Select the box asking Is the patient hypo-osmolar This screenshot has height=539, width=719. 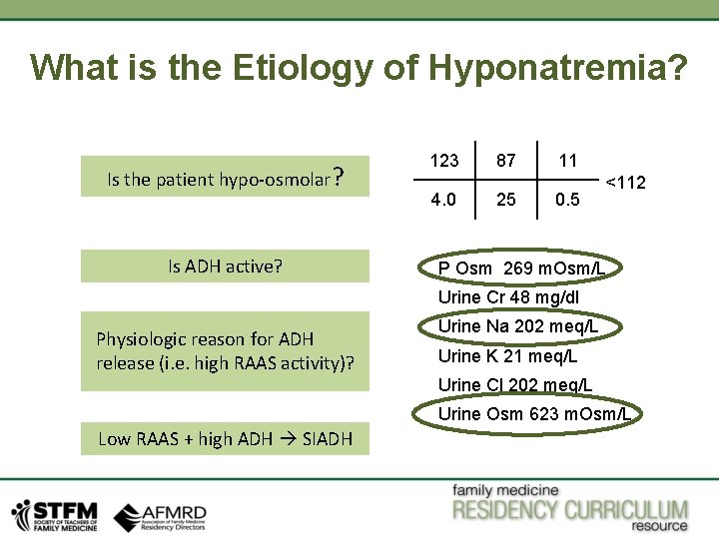(225, 179)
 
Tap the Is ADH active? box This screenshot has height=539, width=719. (225, 267)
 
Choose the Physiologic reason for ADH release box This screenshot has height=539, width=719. (225, 351)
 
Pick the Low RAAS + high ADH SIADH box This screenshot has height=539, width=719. (225, 438)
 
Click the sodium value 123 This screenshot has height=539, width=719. (444, 160)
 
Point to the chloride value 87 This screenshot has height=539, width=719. (506, 160)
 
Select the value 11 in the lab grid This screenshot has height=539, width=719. (567, 160)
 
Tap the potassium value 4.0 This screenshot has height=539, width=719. (444, 200)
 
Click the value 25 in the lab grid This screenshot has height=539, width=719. (506, 200)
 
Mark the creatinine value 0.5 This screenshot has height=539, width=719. (567, 200)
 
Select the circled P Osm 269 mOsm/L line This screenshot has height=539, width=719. (521, 269)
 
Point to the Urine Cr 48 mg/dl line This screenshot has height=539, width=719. (508, 297)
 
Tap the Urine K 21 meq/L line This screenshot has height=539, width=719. (507, 356)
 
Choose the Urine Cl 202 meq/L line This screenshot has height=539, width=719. (514, 385)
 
